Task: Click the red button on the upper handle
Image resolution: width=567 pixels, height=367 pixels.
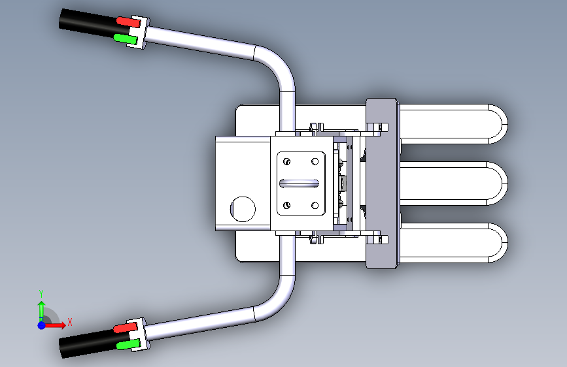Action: [128, 22]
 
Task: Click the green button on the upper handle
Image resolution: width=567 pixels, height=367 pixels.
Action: [126, 39]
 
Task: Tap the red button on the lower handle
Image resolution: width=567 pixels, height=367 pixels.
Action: [126, 328]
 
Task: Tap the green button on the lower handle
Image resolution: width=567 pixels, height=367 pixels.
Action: [128, 345]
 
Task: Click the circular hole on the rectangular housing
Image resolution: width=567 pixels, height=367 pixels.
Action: [243, 209]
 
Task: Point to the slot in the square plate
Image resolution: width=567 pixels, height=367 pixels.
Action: [299, 183]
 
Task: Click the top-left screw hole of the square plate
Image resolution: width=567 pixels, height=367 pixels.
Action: [286, 161]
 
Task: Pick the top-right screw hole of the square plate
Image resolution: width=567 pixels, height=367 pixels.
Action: [315, 161]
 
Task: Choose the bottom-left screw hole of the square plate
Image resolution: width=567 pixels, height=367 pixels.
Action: [286, 205]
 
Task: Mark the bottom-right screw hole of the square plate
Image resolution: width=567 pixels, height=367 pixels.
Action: [315, 205]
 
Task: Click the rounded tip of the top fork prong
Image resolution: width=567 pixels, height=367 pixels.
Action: [498, 124]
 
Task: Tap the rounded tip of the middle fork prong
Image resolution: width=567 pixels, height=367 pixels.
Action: [498, 183]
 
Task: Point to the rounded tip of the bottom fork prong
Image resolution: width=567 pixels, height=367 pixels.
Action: [498, 243]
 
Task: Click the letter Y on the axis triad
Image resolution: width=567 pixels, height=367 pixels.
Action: [41, 294]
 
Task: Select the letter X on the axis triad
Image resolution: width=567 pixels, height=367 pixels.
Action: [70, 322]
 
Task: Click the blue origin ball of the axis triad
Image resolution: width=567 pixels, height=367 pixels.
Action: [42, 325]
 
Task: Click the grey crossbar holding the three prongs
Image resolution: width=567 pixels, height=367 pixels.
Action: [382, 183]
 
